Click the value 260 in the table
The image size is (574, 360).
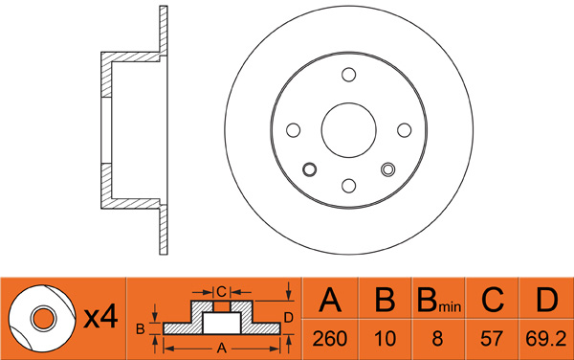pos(329,339)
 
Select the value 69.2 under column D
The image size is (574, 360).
pos(546,339)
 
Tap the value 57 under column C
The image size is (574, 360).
pos(492,339)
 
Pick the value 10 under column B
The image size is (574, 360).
pos(385,339)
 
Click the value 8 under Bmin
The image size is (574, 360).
pos(437,339)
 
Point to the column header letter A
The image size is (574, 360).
pos(330,300)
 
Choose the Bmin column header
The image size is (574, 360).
pos(439,300)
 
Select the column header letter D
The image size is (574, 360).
pos(546,300)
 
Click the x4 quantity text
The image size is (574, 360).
pos(100,317)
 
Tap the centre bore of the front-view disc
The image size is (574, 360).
pos(349,130)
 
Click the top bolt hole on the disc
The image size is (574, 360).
pos(349,75)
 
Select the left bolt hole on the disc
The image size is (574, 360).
pos(294,130)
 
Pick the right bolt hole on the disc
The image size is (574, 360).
pos(404,130)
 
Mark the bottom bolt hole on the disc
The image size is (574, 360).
pos(349,186)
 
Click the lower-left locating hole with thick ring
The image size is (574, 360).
pos(310,169)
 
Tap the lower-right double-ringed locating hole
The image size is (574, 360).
pos(388,169)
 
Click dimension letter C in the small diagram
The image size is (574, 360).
pos(222,292)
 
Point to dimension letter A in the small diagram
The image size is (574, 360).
pos(222,349)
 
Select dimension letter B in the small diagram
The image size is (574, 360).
pos(141,329)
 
